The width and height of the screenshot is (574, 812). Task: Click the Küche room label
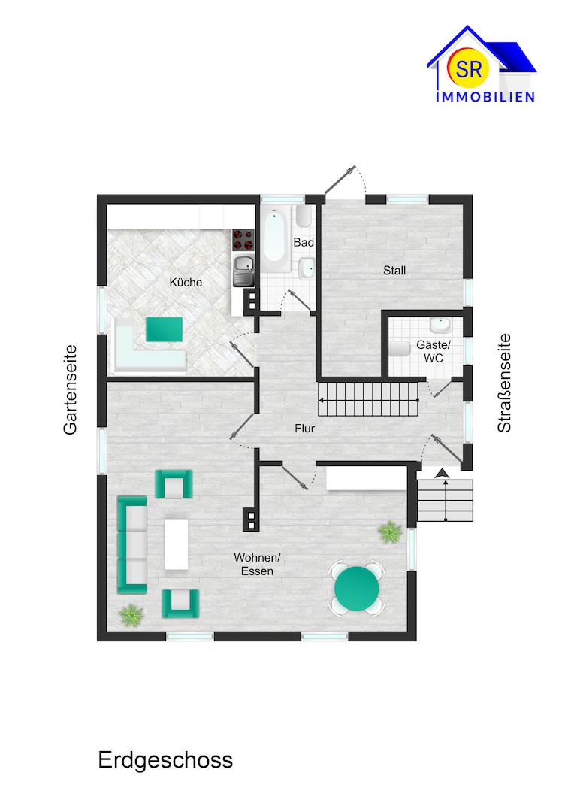[186, 283]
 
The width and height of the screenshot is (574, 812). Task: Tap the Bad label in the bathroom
[304, 243]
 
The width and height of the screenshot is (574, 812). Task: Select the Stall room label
[394, 270]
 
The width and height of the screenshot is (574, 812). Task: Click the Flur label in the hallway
[304, 429]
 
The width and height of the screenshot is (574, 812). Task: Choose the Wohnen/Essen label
[257, 564]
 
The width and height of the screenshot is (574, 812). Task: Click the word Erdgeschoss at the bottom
[165, 760]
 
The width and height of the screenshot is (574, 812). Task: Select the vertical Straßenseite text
[504, 383]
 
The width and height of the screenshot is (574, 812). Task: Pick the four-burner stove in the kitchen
[243, 239]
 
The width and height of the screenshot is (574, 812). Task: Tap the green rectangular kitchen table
[164, 329]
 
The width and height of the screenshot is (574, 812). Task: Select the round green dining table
[356, 588]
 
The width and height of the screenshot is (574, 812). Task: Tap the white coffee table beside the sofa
[177, 544]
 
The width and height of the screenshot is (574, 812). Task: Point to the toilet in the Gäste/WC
[400, 349]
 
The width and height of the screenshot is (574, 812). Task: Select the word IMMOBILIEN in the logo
[485, 97]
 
